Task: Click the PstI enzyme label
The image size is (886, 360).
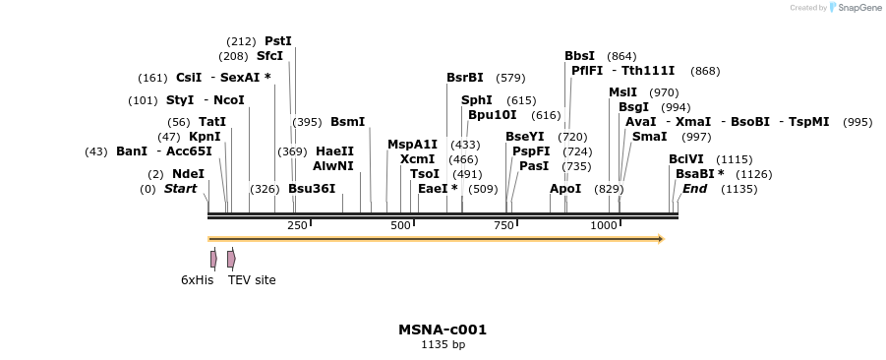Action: [278, 41]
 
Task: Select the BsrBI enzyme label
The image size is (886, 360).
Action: [465, 78]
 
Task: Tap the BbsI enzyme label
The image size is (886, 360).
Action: [579, 56]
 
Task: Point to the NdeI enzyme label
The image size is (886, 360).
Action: [188, 174]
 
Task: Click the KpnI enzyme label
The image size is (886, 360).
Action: [205, 137]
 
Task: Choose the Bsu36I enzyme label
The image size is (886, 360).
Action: [312, 189]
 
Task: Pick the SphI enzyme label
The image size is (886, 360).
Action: [477, 100]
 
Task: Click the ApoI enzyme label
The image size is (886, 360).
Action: [565, 189]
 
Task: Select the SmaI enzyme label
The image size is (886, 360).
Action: [649, 137]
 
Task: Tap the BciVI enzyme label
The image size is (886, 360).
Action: [686, 159]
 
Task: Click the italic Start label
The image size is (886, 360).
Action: [180, 189]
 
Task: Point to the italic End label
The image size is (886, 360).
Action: [694, 189]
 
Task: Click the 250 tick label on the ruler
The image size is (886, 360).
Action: [297, 226]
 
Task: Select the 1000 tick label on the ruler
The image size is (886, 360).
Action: [604, 226]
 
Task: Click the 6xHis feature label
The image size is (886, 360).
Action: [197, 280]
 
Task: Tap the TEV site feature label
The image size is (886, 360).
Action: [252, 280]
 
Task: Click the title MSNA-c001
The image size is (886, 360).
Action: [443, 330]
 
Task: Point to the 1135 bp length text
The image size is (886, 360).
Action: [443, 345]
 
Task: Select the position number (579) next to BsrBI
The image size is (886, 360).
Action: [510, 78]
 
